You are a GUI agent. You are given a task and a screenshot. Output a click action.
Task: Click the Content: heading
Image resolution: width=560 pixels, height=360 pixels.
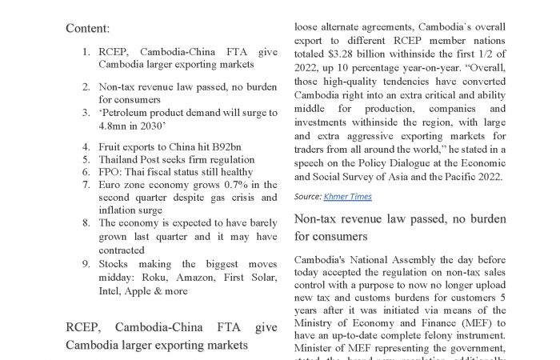tap(88, 28)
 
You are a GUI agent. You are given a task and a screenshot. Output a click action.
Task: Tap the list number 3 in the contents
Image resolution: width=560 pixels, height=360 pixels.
tap(86, 113)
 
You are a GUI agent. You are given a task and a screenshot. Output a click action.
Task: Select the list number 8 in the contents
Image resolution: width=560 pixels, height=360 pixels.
tap(86, 224)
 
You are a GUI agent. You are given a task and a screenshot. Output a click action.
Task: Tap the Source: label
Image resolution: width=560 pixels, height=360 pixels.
tap(308, 196)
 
